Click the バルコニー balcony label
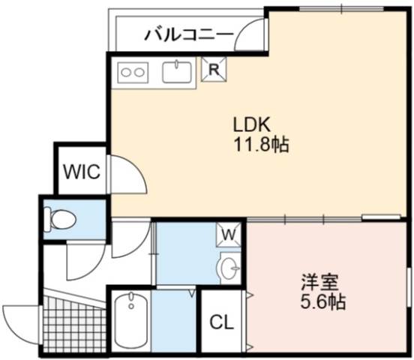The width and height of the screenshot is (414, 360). [189, 34]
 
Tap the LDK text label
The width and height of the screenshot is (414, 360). [251, 124]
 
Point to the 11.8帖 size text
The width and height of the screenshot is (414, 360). [261, 145]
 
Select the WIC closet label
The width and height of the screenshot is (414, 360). [82, 172]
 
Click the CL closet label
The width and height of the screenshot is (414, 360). [222, 322]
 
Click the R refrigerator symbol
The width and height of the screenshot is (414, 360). [214, 69]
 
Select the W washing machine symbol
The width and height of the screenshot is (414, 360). [229, 235]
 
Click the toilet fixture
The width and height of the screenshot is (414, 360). [60, 219]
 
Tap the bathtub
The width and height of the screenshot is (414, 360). [131, 321]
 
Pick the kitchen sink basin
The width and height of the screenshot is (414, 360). [177, 71]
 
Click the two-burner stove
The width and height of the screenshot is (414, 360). [133, 72]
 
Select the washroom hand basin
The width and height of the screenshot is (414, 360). [229, 268]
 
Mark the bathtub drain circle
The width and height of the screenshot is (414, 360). [131, 307]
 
